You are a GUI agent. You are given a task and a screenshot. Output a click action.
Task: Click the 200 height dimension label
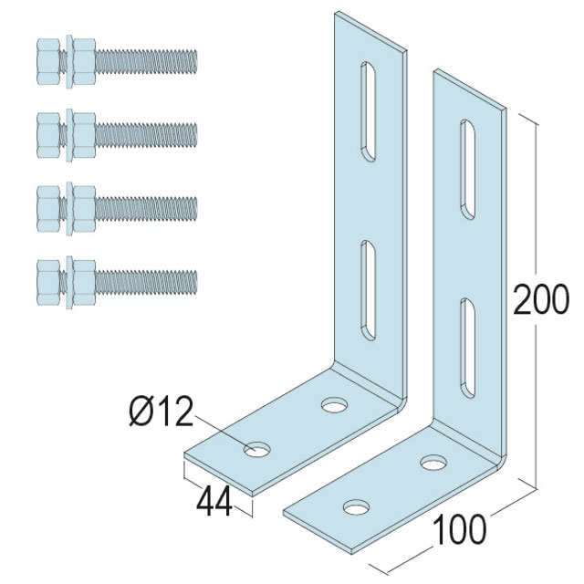pos(541,300)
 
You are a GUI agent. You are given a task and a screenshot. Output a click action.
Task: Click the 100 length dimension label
pos(459,529)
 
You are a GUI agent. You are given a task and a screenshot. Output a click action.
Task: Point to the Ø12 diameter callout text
pos(162,412)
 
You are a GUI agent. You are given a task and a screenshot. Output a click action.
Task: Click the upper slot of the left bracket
pos(368,111)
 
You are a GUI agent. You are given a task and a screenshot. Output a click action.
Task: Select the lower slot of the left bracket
pos(368,290)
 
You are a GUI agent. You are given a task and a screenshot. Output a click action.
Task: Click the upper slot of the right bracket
pos(468,170)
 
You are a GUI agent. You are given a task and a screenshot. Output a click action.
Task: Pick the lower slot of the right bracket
pos(468,348)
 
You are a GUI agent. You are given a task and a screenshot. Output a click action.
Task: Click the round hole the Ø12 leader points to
pos(257,450)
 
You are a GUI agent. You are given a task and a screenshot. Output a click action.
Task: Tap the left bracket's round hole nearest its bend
pos(335,405)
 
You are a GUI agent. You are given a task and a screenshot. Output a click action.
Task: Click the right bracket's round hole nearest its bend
pos(433,463)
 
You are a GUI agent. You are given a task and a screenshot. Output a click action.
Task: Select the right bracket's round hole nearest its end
pos(357,507)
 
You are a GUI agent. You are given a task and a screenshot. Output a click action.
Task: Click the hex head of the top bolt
pos(48,61)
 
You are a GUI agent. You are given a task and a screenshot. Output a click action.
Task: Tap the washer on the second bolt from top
pos(69,135)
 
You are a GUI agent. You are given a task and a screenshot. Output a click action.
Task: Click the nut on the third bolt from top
pos(84,209)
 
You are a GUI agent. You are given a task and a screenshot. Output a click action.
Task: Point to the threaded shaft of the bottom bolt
pos(146,282)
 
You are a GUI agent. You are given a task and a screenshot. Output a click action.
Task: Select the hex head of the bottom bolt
pos(48,282)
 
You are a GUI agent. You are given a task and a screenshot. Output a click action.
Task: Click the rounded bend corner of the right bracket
pos(501,458)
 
